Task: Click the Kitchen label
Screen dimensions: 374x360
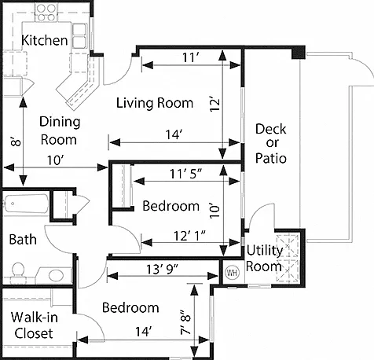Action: click(x=45, y=40)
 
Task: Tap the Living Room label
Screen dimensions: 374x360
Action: click(x=155, y=103)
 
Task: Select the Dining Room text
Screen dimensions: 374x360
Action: click(x=60, y=130)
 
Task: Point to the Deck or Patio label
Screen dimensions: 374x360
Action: click(x=271, y=144)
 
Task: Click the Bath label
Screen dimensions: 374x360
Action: click(x=23, y=240)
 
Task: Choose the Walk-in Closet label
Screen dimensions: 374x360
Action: click(x=35, y=325)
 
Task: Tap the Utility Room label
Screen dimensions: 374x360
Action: click(x=265, y=259)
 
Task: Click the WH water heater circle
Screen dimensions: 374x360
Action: click(x=232, y=273)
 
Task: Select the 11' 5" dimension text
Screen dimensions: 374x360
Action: click(x=186, y=174)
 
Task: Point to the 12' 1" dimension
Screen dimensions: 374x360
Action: click(x=189, y=236)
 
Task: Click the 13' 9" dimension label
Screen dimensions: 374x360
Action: click(x=162, y=269)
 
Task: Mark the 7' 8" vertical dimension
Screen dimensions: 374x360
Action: click(x=186, y=322)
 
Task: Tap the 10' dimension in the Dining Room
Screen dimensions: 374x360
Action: click(x=56, y=160)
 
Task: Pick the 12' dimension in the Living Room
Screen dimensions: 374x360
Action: click(x=214, y=105)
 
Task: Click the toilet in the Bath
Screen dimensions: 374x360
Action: click(x=18, y=271)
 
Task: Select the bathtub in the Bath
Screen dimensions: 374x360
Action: click(x=26, y=204)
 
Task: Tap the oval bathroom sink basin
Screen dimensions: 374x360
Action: click(x=56, y=275)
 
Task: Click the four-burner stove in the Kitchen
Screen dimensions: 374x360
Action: click(x=46, y=13)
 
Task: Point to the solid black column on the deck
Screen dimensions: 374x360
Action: click(x=299, y=53)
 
